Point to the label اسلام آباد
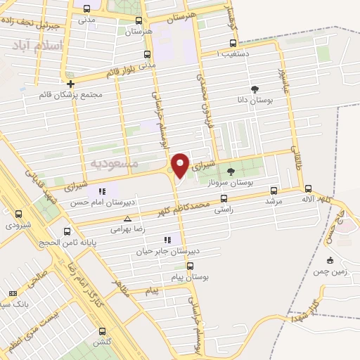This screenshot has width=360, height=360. point(37,46)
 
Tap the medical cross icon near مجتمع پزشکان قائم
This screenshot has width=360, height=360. point(70,84)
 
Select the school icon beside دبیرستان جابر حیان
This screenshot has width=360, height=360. point(167,240)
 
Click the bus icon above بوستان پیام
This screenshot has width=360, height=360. point(190,266)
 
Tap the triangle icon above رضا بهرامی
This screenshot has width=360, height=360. point(127,219)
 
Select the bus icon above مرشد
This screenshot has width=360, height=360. point(274,190)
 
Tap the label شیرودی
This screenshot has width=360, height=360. point(18,226)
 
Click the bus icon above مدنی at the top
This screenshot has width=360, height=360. point(86,9)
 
